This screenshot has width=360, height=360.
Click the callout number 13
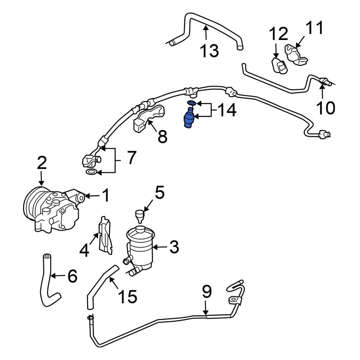coord(210,51)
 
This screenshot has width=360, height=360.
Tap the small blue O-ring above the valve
coord(192,104)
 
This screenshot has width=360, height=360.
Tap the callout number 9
coord(206,292)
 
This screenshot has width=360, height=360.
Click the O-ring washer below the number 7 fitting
coord(91,173)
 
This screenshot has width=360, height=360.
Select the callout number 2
coord(42,163)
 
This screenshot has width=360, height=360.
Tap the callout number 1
coord(105,196)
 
